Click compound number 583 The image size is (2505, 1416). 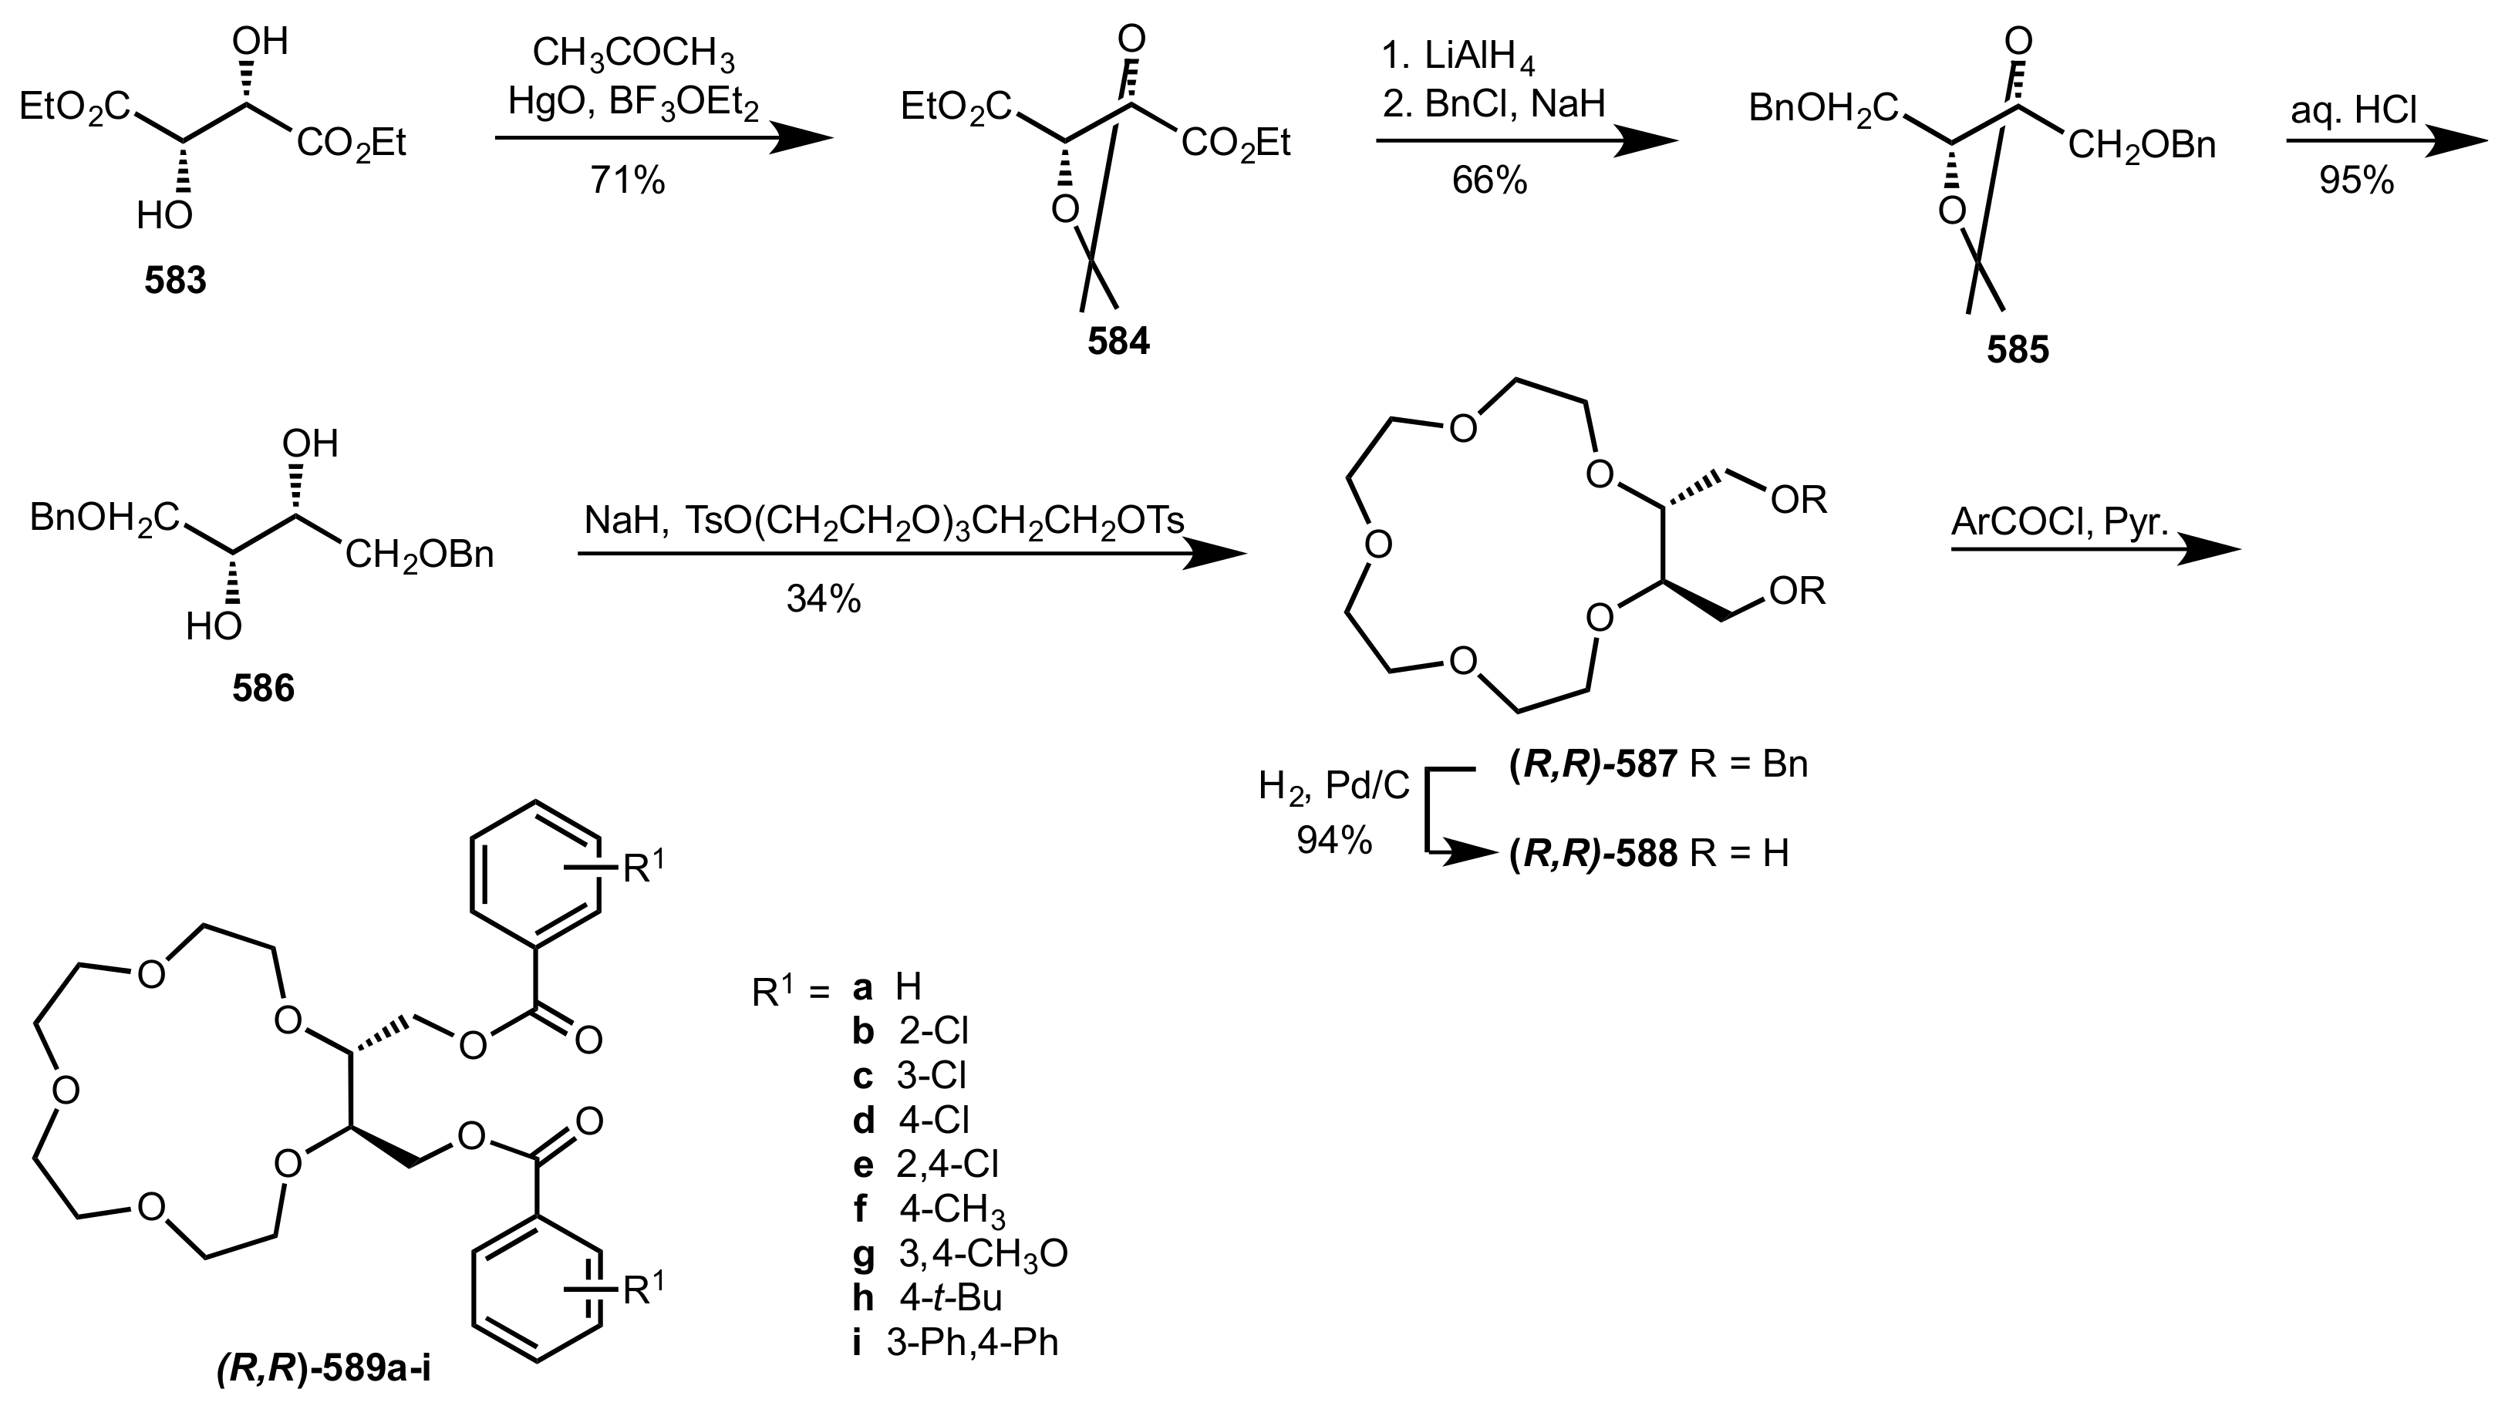[176, 281]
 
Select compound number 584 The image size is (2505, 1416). [1118, 342]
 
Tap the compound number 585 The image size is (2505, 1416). [2018, 349]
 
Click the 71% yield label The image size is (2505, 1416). [627, 181]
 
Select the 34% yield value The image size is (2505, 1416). [824, 600]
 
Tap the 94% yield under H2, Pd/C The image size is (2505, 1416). [1333, 840]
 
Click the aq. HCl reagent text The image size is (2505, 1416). [2353, 112]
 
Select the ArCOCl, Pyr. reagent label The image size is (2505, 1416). [2060, 522]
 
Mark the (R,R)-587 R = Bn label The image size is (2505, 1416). [1658, 764]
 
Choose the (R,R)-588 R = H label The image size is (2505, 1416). [1648, 854]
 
